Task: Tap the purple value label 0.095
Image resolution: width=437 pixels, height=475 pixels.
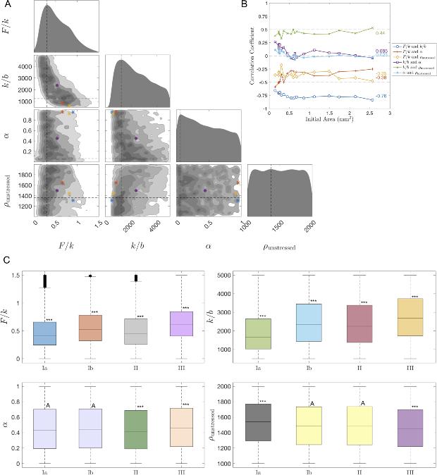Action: pyautogui.click(x=381, y=51)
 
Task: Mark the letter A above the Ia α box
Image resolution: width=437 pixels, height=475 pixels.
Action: pyautogui.click(x=48, y=405)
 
